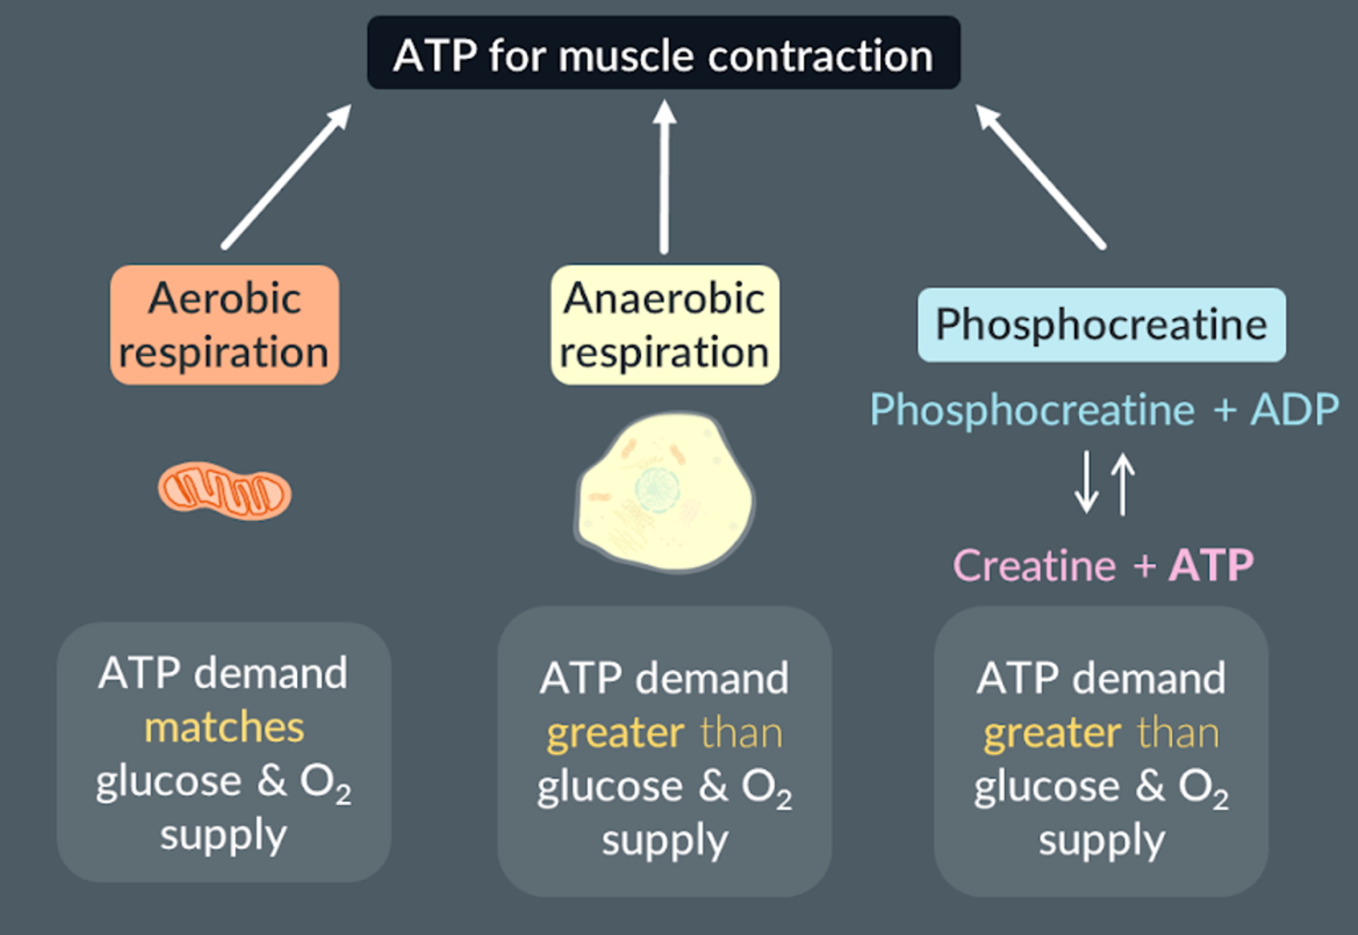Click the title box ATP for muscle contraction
point(663,54)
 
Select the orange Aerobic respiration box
point(224,325)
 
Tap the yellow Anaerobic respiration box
point(664,325)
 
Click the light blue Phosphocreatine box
point(1101,325)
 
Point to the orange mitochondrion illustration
point(224,492)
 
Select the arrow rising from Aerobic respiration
point(286,177)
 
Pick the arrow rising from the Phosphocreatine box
point(1040,177)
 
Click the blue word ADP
point(1294,410)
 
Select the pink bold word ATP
point(1211,566)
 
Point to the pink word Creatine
point(1034,566)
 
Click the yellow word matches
point(224,727)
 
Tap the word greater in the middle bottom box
point(615,733)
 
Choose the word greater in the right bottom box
point(1052,733)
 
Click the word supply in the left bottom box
point(224,835)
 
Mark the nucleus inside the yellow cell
point(657,489)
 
